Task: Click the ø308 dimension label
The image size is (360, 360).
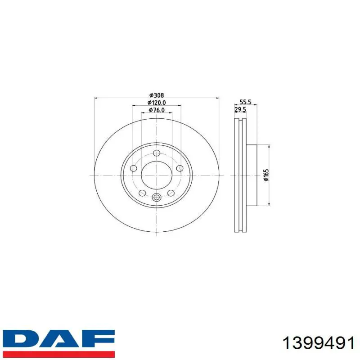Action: click(x=157, y=95)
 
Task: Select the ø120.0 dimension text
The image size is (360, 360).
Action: click(x=157, y=103)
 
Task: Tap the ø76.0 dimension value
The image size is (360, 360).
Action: click(x=157, y=110)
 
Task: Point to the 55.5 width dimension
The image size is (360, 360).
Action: click(x=245, y=102)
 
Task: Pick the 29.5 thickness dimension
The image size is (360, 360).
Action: click(x=240, y=110)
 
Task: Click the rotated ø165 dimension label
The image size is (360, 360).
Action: click(x=266, y=175)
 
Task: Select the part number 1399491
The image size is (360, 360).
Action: click(x=319, y=344)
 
